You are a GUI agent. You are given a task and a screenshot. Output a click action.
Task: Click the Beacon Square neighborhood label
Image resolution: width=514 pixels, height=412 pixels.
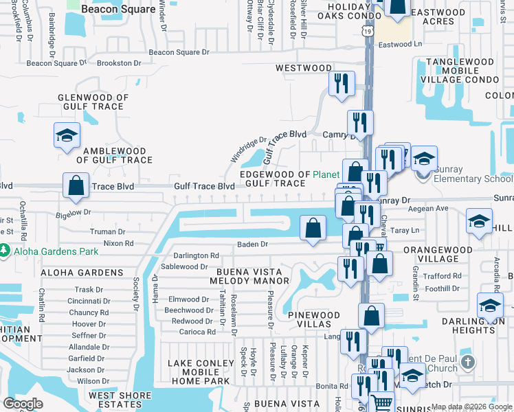tap(109, 9)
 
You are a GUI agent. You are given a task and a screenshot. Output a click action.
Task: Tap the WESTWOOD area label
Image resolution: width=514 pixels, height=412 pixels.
tap(303, 68)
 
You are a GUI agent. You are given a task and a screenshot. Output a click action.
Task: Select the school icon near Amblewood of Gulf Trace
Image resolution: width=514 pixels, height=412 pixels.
tap(67, 135)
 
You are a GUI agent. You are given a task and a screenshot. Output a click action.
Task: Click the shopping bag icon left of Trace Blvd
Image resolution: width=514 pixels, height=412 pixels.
tap(76, 185)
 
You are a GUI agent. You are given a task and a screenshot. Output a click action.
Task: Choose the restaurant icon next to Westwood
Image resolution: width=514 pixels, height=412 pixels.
tap(341, 84)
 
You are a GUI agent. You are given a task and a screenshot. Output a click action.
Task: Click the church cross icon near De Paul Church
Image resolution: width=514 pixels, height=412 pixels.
tap(467, 362)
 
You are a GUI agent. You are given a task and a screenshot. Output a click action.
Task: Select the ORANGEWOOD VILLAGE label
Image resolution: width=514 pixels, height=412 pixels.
tap(440, 254)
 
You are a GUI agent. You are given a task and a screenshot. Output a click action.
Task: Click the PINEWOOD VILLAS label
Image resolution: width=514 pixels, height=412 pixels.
tap(313, 320)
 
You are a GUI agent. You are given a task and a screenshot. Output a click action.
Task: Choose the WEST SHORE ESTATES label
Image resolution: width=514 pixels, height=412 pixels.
tap(120, 400)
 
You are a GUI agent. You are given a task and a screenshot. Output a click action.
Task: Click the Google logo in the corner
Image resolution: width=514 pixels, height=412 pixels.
tap(23, 404)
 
